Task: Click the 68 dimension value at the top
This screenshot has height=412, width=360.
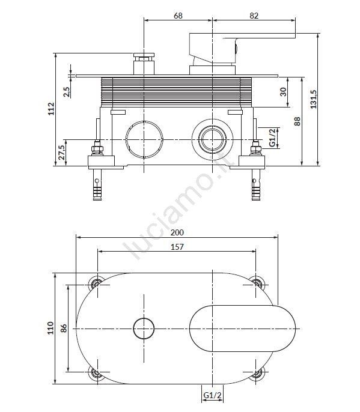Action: (178, 16)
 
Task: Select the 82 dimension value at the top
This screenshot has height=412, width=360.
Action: (254, 16)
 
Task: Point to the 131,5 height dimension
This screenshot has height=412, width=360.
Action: (313, 99)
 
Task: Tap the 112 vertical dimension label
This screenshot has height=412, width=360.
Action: (51, 109)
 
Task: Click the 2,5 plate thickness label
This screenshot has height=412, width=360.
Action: (67, 92)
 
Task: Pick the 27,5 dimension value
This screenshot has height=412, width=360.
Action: (61, 153)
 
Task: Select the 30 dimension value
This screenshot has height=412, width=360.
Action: (283, 92)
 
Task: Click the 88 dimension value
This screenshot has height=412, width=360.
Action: (297, 121)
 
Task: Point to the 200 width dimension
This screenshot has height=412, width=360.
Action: (177, 232)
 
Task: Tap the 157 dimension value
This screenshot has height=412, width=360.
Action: (177, 247)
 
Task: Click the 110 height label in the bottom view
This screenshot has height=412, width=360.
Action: (50, 328)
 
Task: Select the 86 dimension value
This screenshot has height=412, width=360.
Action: (63, 329)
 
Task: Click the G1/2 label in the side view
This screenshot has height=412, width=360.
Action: (272, 138)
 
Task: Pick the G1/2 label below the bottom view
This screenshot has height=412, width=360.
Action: (213, 395)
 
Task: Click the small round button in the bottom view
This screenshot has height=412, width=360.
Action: (144, 329)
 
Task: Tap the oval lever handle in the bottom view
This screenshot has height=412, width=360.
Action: (242, 329)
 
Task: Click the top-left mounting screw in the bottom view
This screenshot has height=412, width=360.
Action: (96, 283)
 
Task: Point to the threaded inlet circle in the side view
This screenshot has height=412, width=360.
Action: (212, 139)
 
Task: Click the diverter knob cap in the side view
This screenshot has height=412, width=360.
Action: (144, 55)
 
